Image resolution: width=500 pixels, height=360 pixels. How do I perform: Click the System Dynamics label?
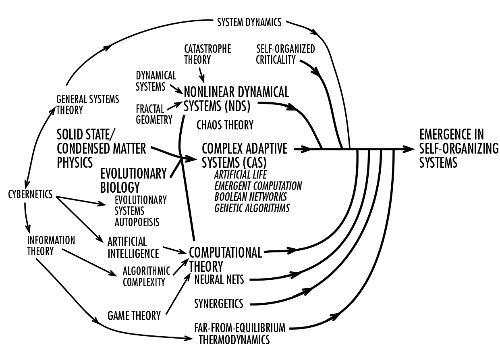pos(249,22)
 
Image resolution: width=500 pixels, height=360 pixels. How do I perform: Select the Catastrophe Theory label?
pos(207,54)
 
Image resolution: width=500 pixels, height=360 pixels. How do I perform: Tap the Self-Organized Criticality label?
pos(285,54)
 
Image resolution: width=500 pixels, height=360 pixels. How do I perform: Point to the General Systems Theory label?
pos(87,104)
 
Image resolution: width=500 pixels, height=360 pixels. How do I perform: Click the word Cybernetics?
pos(30,194)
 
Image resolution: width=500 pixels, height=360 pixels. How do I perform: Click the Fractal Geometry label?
pos(154,114)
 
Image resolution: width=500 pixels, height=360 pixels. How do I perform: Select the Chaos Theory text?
pos(225,125)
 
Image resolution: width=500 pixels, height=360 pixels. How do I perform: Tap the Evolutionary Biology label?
pos(133,180)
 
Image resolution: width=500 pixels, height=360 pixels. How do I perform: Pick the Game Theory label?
pos(134,315)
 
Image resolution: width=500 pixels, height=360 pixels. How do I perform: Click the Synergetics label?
pos(219,303)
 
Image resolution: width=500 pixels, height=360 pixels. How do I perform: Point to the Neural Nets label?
pos(219,279)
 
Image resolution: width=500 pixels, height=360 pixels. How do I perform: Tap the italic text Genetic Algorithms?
pos(252,208)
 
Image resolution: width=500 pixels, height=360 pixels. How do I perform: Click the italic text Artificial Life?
pos(241,175)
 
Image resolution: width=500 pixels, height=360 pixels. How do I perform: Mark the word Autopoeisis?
pos(137,222)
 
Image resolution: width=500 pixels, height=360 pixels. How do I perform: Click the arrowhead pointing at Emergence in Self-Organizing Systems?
pos(410,149)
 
